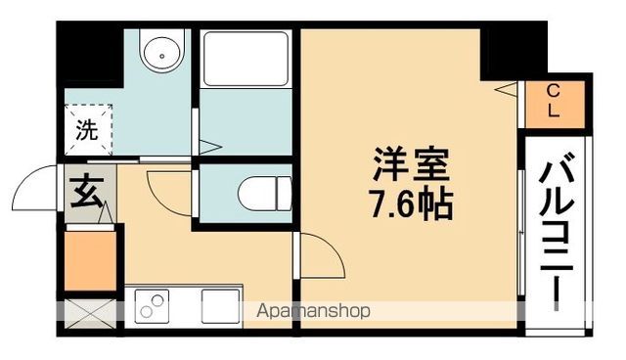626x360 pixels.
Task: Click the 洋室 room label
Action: click(x=411, y=164)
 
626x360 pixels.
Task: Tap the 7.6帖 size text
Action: click(x=412, y=203)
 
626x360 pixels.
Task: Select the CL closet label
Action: click(x=553, y=101)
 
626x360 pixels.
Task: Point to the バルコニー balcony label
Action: click(x=557, y=237)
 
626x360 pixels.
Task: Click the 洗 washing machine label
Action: click(x=87, y=129)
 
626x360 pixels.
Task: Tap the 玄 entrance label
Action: click(x=86, y=193)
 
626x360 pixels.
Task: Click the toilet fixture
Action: click(x=265, y=194)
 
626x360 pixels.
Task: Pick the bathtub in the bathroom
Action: click(x=246, y=59)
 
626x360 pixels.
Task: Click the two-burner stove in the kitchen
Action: click(x=152, y=306)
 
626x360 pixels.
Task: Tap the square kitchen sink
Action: click(x=220, y=306)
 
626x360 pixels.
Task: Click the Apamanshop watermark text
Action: click(x=313, y=311)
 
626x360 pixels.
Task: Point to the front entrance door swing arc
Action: click(x=24, y=178)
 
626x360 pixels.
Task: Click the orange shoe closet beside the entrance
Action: click(x=91, y=260)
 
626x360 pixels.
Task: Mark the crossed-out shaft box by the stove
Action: click(x=90, y=314)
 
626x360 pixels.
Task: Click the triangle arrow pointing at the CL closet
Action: click(x=506, y=89)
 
